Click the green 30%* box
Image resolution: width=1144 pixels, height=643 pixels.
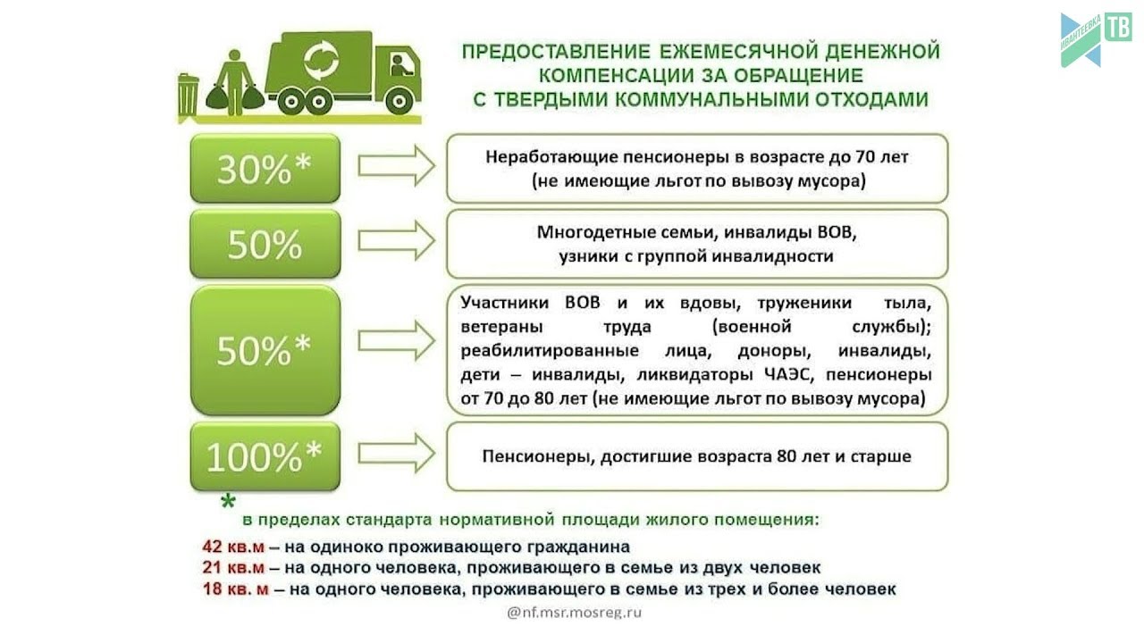click(265, 168)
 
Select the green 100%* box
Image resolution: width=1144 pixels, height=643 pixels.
click(265, 456)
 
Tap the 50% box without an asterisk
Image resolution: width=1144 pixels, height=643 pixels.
click(265, 243)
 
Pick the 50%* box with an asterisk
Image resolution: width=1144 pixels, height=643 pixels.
click(265, 350)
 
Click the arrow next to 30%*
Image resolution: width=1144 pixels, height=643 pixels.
click(395, 165)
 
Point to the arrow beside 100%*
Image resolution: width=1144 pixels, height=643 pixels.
click(395, 453)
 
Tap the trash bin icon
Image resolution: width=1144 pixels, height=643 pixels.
click(188, 95)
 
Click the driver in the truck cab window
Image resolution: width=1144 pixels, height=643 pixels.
click(400, 65)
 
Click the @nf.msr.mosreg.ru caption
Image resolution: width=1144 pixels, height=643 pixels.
click(574, 613)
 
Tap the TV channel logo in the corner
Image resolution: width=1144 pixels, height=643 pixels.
click(1095, 38)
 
